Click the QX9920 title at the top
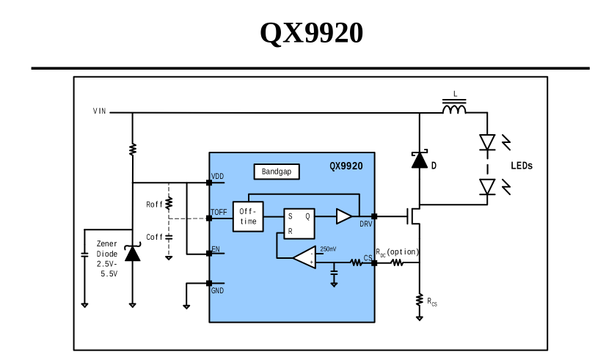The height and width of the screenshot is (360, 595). tap(311, 33)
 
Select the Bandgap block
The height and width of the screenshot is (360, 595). tap(277, 172)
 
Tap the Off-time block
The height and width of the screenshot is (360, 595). tap(248, 216)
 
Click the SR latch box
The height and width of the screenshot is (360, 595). tap(299, 224)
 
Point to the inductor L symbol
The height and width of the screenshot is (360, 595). tap(455, 109)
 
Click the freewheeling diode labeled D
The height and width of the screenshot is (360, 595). tap(420, 161)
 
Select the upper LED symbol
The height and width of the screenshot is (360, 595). tap(487, 142)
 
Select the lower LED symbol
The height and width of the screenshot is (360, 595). tap(487, 186)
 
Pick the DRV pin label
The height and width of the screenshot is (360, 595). tap(365, 224)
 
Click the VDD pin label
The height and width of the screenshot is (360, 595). tap(218, 177)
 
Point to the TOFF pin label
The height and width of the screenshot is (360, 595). tap(219, 212)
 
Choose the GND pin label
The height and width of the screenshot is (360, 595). tap(218, 291)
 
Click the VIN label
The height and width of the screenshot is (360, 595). tap(99, 111)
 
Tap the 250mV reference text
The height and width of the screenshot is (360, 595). tap(328, 249)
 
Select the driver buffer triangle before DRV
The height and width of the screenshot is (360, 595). tap(343, 216)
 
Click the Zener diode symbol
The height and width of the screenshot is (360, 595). tap(132, 254)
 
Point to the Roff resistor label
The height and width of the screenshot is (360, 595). tap(154, 205)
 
